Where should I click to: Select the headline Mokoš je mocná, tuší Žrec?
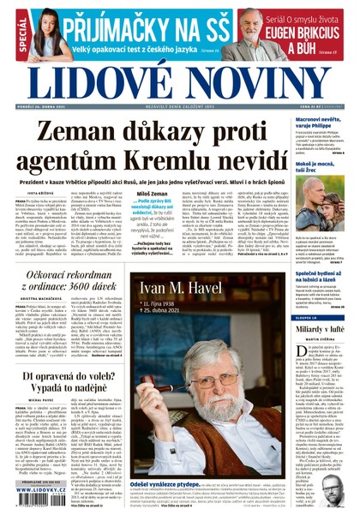(x=323, y=170)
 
